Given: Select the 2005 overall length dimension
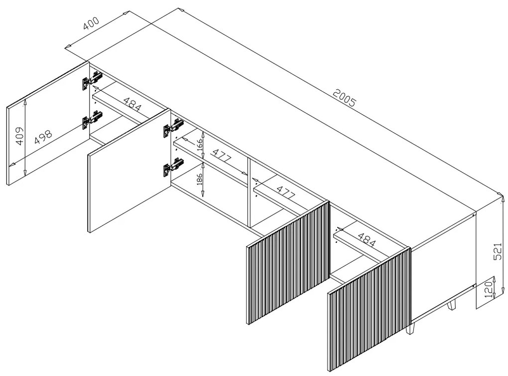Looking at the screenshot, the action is coord(344,97).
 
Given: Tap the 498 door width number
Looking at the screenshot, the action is coord(43,137).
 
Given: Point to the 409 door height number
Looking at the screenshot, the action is coord(19,136).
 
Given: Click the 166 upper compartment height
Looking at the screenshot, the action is coord(200,144).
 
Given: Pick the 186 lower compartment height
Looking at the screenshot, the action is coord(199,179).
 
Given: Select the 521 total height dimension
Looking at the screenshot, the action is coord(498,251).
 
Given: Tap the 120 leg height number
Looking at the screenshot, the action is coord(489,288).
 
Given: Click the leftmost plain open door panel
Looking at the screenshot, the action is coord(48,123).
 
